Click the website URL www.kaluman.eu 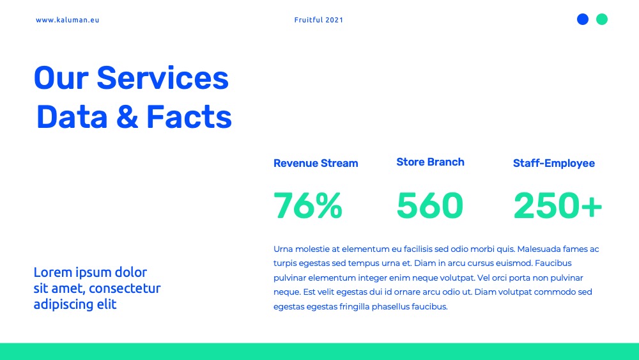click(67, 20)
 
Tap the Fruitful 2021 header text click(319, 20)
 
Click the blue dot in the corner click(583, 19)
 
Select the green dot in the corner click(602, 19)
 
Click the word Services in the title click(162, 78)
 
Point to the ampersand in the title click(127, 117)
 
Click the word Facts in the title click(189, 117)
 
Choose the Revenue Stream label click(316, 164)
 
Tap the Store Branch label click(430, 162)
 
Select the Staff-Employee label click(554, 164)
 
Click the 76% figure click(308, 206)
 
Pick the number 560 click(430, 206)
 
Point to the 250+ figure click(557, 206)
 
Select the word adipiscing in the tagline click(63, 304)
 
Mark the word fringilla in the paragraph click(355, 306)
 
